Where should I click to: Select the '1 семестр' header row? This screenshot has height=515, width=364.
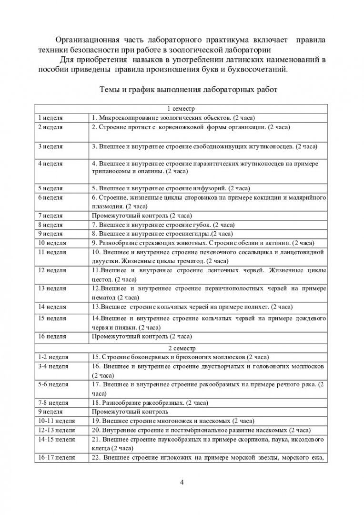click(182, 109)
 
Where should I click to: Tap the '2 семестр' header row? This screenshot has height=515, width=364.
click(182, 349)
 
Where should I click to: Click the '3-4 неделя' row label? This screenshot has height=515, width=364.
click(53, 366)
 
